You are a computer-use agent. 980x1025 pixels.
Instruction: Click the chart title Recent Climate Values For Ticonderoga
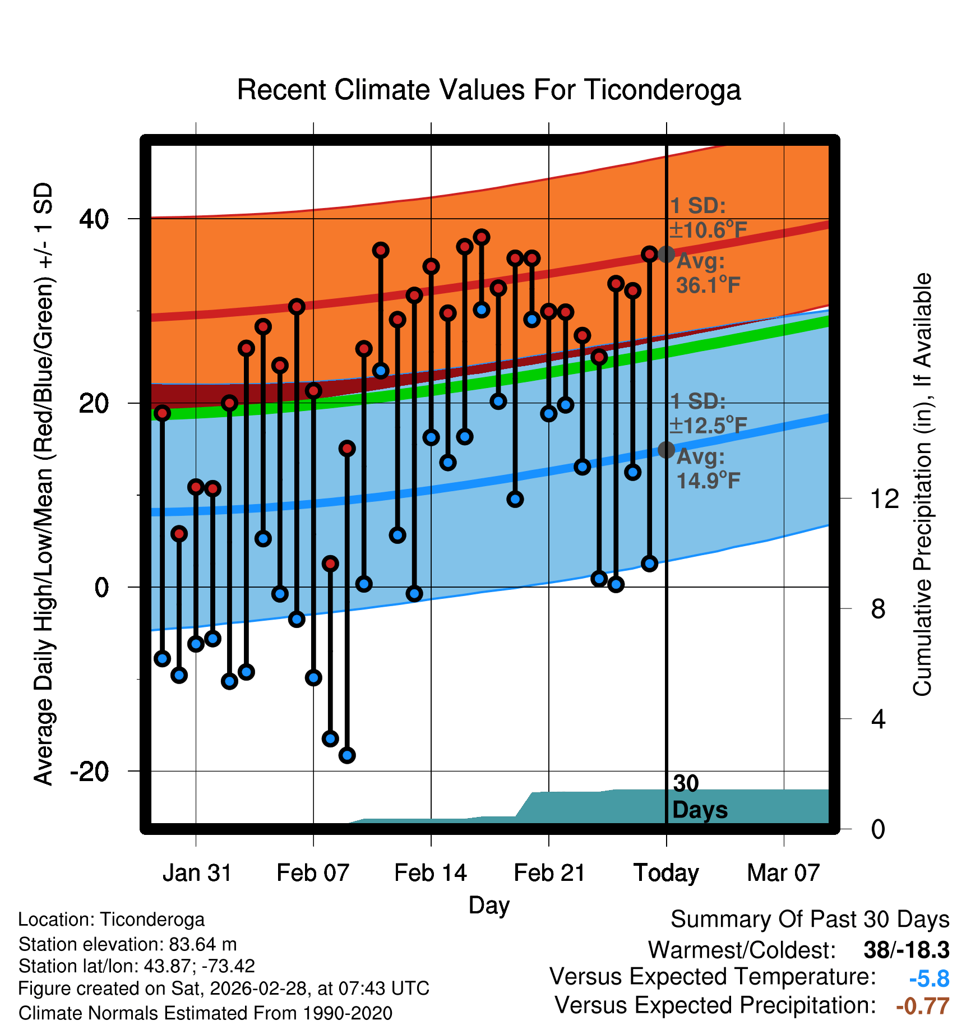[x=489, y=90]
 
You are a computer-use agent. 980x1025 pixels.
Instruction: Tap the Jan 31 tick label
[x=197, y=873]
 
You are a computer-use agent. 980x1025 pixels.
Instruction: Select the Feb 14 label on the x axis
[x=431, y=873]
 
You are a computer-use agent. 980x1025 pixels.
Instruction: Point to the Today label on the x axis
[x=666, y=873]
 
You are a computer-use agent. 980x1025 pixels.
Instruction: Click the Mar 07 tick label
[x=783, y=873]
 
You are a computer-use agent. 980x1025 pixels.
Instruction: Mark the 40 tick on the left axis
[x=94, y=219]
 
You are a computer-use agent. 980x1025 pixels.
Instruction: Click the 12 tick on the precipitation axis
[x=884, y=498]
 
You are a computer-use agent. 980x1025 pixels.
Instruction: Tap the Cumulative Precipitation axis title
[x=922, y=484]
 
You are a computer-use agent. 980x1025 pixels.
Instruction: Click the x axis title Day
[x=489, y=905]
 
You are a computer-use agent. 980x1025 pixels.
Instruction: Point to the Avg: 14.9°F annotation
[x=708, y=469]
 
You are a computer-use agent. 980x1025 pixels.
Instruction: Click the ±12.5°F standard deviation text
[x=709, y=426]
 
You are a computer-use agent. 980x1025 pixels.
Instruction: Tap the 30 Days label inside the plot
[x=699, y=797]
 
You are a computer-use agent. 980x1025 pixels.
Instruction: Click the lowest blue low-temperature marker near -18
[x=347, y=755]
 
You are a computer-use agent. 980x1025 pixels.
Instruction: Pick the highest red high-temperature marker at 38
[x=481, y=237]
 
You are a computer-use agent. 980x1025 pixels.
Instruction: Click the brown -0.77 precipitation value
[x=922, y=1006]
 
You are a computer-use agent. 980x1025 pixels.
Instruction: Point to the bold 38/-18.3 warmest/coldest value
[x=906, y=950]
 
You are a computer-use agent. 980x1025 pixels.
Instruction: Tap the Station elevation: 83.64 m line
[x=128, y=944]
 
